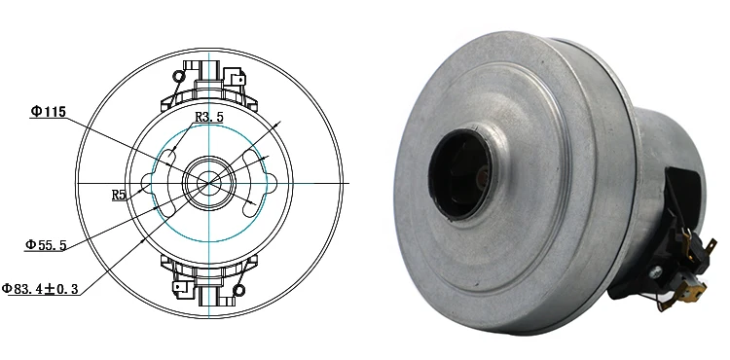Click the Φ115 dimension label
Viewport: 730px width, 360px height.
pos(49,112)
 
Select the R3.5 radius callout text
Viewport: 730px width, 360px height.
pos(209,117)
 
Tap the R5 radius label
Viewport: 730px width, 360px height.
pos(119,195)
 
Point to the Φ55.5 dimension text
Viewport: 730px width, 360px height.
pos(46,245)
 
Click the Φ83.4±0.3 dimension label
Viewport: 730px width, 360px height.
pos(40,289)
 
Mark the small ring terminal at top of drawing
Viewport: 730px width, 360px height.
pos(178,76)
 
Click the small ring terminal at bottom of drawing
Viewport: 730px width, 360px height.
pos(238,291)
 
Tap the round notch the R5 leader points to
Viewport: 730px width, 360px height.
pos(146,183)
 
